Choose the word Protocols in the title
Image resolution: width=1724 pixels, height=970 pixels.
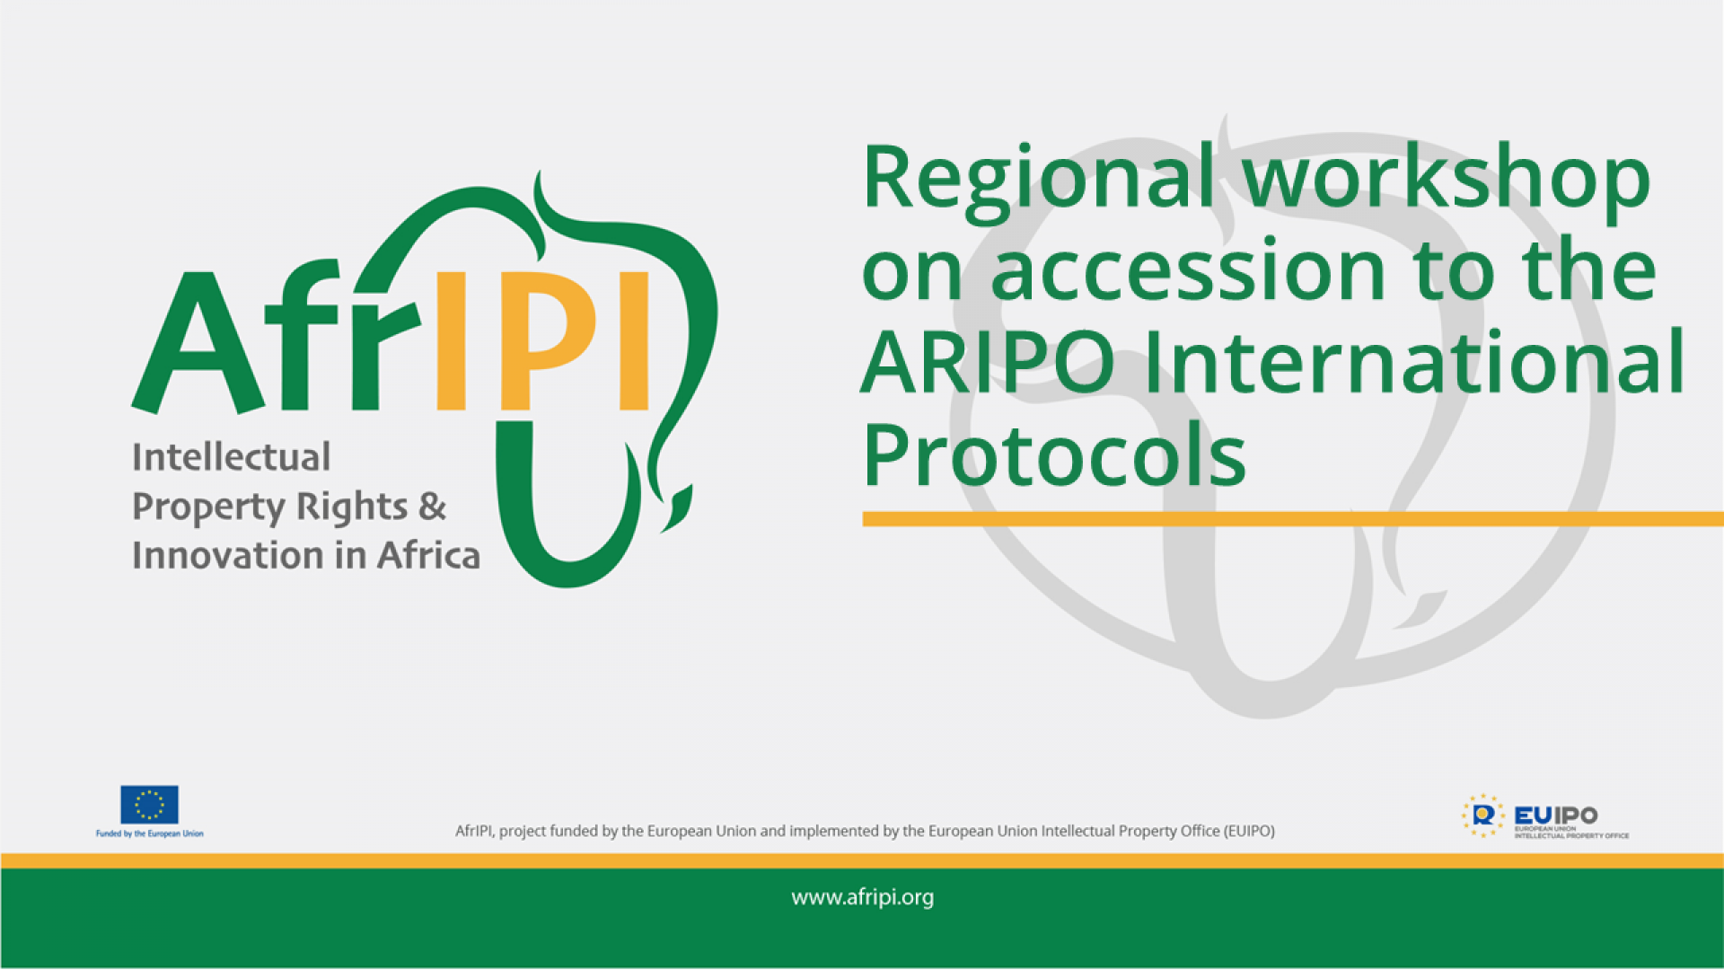pos(1054,456)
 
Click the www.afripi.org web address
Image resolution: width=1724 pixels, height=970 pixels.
pos(862,897)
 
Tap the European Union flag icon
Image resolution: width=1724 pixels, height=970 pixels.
pos(149,805)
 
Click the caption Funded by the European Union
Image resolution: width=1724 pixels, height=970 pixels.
pos(149,834)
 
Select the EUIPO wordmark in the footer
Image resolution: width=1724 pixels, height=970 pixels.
pos(1555,815)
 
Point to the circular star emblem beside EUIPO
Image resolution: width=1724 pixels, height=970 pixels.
pos(1482,816)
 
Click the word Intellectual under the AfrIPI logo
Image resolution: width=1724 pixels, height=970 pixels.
pos(231,457)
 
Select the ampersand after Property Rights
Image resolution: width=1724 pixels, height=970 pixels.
pos(432,507)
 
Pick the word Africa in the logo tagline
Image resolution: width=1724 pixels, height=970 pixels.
pos(428,556)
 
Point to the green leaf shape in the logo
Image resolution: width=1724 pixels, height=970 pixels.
pos(679,509)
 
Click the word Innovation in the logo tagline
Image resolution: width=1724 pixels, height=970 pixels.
pos(228,556)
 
